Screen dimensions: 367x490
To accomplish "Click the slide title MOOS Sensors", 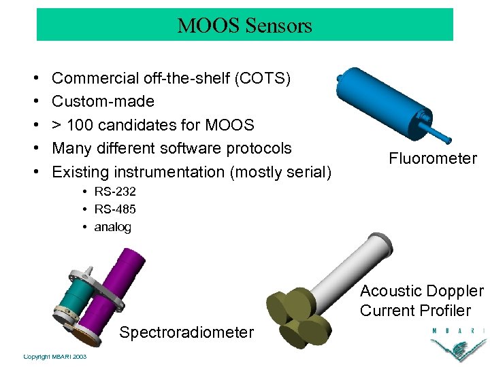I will click(244, 26).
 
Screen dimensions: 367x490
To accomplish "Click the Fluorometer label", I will click(433, 159).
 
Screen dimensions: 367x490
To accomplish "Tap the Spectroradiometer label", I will click(186, 332).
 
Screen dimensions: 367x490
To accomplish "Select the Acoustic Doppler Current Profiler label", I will click(421, 301).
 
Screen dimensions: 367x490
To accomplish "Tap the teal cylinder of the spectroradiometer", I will click(76, 302).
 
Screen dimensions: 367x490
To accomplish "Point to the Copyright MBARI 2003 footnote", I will click(54, 357).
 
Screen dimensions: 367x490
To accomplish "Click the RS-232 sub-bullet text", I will click(115, 192).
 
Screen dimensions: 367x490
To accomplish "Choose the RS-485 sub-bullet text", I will click(115, 209).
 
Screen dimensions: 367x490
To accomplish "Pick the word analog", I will click(112, 227).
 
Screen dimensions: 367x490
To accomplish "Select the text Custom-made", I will click(103, 102).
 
